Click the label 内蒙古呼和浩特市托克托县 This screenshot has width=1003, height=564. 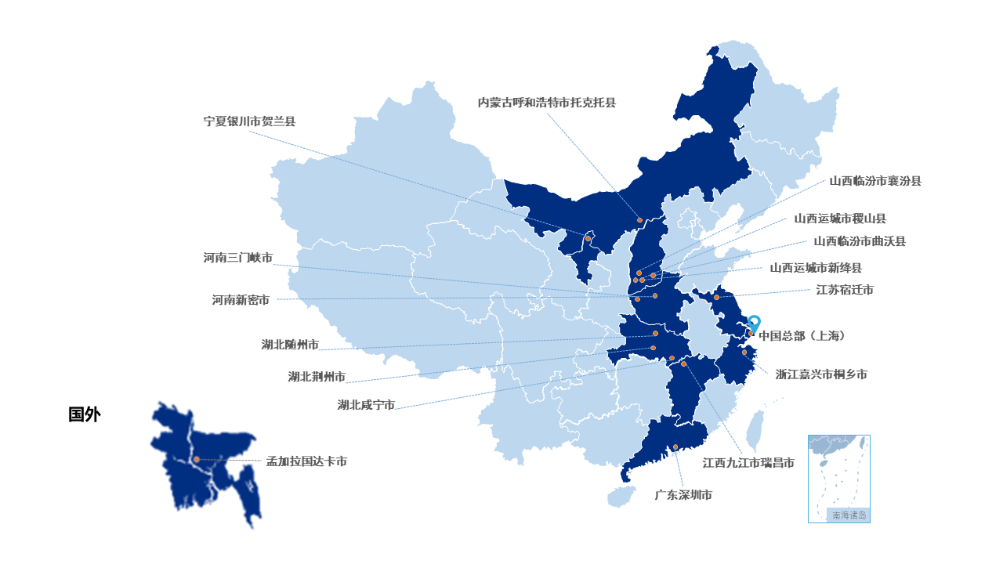point(547,103)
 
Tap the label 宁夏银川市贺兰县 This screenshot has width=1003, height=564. point(249,121)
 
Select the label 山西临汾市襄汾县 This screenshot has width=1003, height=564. point(875,181)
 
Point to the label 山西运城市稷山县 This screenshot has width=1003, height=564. point(840,219)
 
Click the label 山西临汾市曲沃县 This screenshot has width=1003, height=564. point(859,241)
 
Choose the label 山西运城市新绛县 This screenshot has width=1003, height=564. point(816,268)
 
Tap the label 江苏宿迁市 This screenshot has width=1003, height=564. point(844,290)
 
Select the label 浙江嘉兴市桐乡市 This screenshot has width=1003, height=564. point(821,374)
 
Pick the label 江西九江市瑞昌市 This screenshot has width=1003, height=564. point(748,463)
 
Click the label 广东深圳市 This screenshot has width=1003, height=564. point(683,495)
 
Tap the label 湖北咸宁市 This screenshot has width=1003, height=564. point(366,405)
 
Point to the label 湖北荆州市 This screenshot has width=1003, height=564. point(317,377)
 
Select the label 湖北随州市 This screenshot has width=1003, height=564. point(290,345)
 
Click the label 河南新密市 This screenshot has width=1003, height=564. point(241,300)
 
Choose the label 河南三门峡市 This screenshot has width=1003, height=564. point(238,258)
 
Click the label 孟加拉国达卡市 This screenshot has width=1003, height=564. point(306,462)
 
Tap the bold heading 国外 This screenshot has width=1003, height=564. point(84,415)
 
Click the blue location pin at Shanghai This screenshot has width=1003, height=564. point(754,323)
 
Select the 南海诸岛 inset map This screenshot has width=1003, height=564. point(838,478)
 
